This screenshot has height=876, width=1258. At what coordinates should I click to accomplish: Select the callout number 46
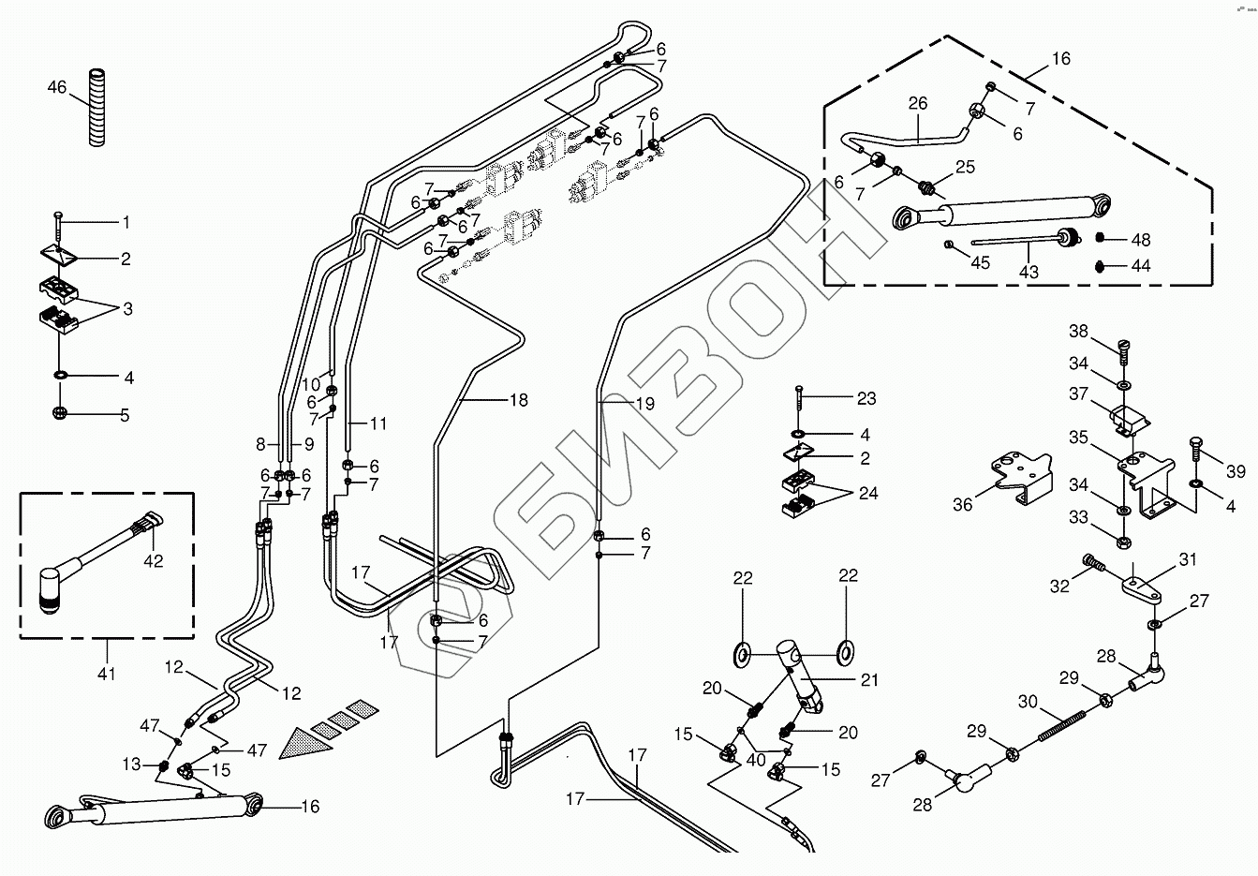(57, 88)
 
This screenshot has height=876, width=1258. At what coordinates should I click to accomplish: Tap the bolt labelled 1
(58, 222)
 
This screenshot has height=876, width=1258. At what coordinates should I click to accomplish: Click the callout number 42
(153, 561)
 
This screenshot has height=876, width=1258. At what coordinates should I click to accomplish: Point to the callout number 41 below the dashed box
(107, 673)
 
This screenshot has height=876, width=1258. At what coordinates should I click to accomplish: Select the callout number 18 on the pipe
(518, 400)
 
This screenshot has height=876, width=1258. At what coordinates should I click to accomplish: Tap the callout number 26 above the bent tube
(917, 103)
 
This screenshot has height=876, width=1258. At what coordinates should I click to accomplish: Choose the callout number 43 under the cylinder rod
(1029, 272)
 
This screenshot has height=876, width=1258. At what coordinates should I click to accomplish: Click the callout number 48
(1140, 240)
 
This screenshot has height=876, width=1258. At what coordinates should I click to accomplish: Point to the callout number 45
(980, 263)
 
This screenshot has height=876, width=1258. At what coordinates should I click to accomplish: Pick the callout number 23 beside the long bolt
(866, 398)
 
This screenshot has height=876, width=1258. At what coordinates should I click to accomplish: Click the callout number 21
(870, 680)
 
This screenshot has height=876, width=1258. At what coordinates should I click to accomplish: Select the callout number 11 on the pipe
(377, 423)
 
